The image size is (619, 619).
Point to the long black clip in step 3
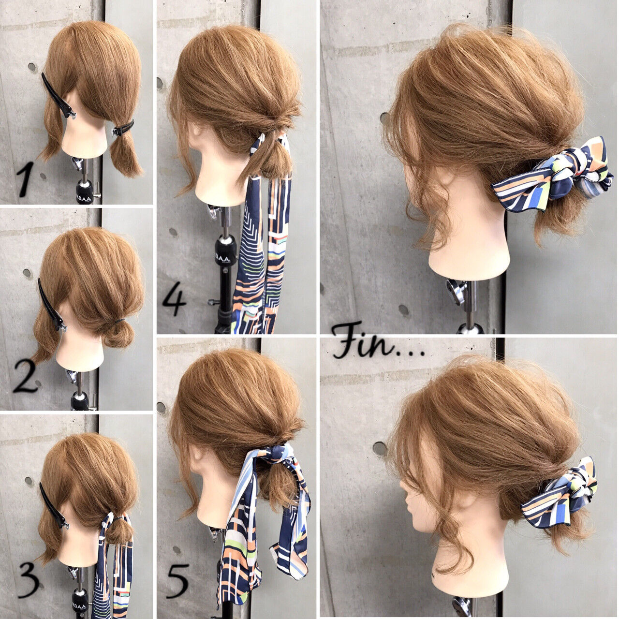(52, 505)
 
